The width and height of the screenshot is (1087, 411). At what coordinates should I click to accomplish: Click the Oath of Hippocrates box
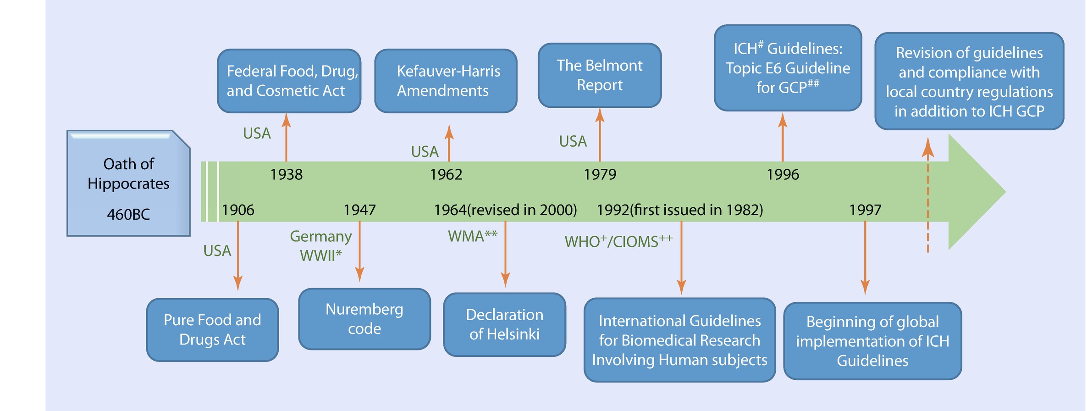[x=128, y=183]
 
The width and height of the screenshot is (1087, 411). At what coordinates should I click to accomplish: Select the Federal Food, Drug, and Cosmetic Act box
[x=289, y=81]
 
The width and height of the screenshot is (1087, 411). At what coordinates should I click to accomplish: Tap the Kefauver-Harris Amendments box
[x=446, y=81]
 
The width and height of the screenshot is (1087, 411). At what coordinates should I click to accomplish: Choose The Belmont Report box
[x=599, y=76]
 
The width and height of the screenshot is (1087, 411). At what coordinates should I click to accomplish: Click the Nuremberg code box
[x=364, y=319]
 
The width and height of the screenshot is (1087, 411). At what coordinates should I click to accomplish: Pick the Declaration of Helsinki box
[x=504, y=325]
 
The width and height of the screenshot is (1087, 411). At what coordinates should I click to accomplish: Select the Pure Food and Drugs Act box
[x=212, y=330]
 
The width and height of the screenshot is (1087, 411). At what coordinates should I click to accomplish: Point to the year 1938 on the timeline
[x=286, y=175]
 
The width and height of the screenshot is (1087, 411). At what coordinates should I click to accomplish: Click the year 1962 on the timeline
[x=446, y=175]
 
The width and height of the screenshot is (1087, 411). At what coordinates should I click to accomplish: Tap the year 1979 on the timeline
[x=600, y=175]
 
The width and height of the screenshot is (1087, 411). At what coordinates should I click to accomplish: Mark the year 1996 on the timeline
[x=783, y=175]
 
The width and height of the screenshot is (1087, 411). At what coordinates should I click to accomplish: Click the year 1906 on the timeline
[x=238, y=210]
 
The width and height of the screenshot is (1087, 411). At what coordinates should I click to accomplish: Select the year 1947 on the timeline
[x=359, y=210]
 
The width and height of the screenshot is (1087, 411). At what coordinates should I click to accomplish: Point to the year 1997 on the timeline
[x=865, y=210]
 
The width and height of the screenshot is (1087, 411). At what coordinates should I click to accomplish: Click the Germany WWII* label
[x=321, y=246]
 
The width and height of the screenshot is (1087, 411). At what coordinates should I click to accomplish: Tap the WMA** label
[x=472, y=236]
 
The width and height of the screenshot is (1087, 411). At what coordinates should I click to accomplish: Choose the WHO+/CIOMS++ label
[x=618, y=241]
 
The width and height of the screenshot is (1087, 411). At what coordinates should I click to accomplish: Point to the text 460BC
[x=128, y=215]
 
